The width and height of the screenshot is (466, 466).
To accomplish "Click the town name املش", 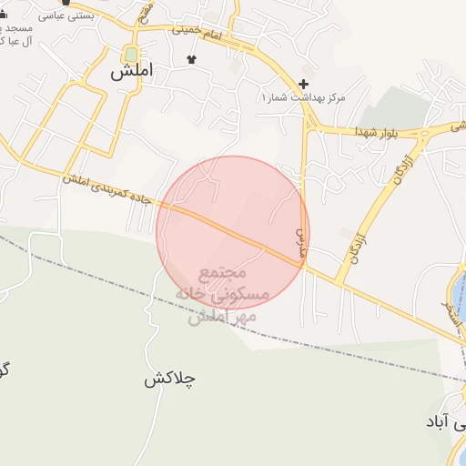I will click(x=131, y=72).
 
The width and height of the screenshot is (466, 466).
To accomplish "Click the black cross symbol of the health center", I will click(x=304, y=84).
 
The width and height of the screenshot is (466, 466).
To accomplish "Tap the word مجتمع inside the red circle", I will click(x=223, y=273).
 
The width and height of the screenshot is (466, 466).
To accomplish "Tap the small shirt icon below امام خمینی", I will click(x=191, y=60).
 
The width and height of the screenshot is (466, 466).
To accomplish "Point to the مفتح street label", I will click(x=144, y=12).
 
